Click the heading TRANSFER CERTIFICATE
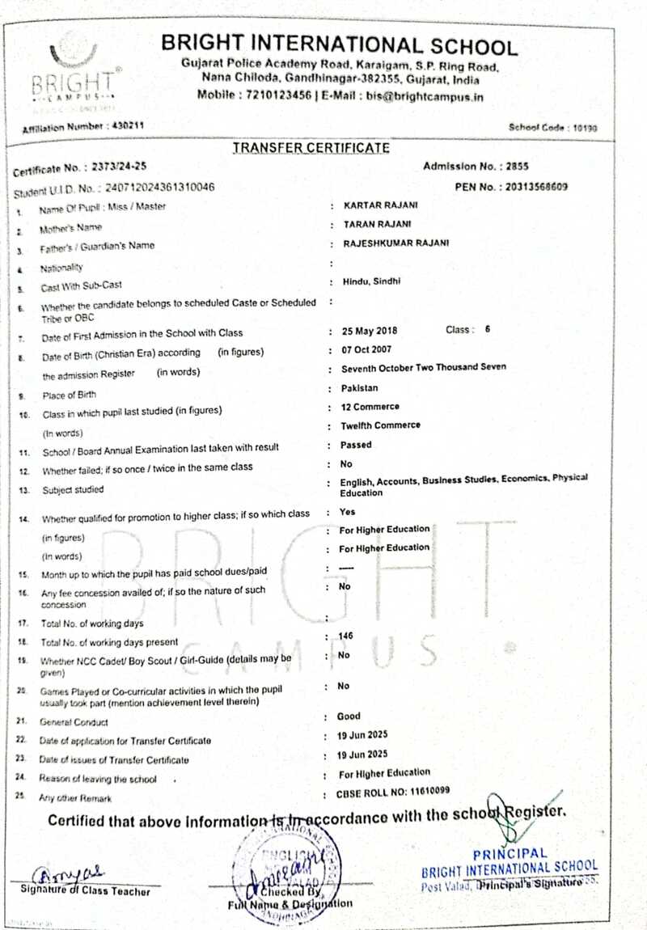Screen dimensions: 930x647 (x=311, y=148)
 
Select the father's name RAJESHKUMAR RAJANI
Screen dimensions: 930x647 (x=397, y=243)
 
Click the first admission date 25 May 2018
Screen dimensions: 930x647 (x=370, y=332)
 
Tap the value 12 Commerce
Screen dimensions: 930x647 (x=370, y=407)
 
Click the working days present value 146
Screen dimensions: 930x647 (x=347, y=636)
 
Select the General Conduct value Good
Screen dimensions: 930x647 (x=350, y=717)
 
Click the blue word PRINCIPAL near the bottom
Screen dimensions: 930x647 (x=510, y=854)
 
